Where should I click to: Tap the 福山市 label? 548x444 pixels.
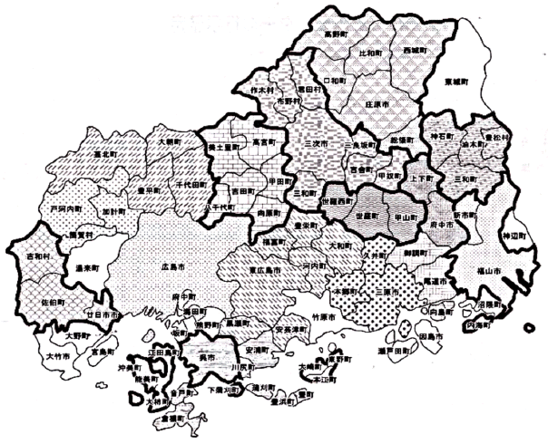[x=493, y=269]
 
